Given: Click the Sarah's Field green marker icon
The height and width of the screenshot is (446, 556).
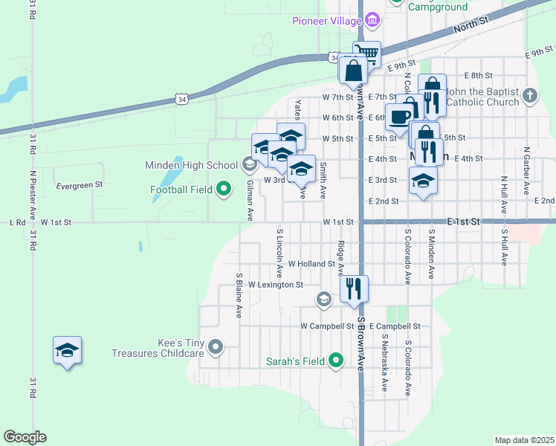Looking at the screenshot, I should point(336,361).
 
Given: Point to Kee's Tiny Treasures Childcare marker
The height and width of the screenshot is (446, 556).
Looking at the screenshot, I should point(216,347).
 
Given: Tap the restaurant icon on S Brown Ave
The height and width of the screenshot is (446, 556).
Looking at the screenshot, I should point(354,288).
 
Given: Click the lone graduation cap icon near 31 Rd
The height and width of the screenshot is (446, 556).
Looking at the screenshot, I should point(67,349).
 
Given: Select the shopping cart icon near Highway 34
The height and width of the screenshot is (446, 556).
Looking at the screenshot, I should point(366,54).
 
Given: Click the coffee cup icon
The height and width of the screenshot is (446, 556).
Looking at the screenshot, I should point(398,117).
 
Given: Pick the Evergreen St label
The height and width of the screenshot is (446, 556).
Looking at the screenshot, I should point(79,184).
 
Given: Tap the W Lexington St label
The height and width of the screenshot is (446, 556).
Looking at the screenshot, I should point(276,285).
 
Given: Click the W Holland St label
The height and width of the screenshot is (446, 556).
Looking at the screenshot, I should point(313,264).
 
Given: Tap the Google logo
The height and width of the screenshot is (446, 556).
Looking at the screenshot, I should point(25,437).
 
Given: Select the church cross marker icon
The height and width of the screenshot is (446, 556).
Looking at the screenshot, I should point(528,95).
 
